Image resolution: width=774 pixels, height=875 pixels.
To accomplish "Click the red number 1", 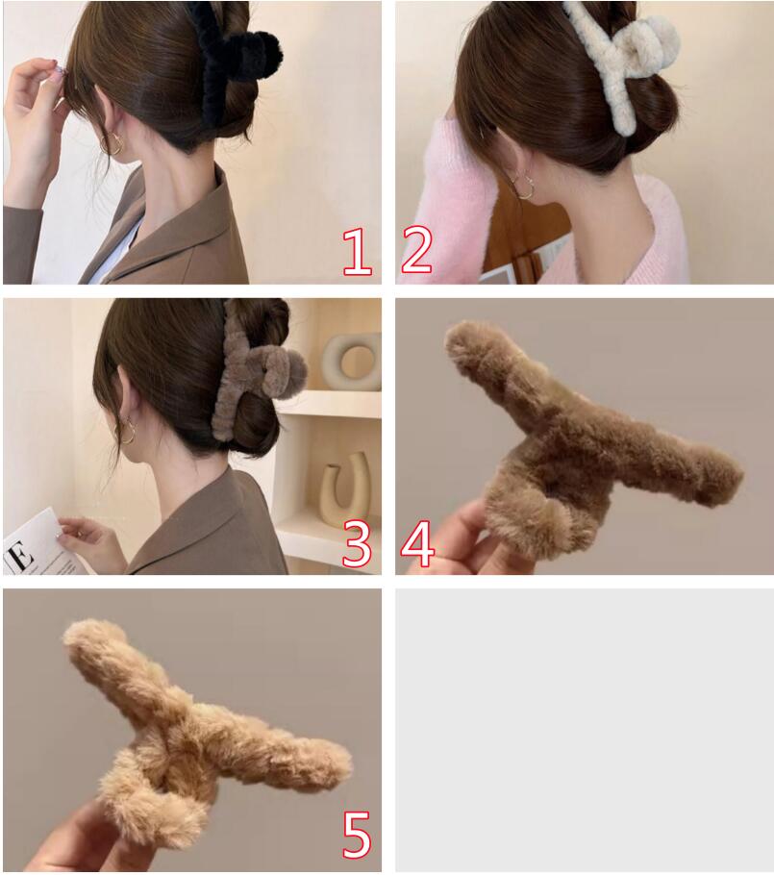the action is tap(357, 252).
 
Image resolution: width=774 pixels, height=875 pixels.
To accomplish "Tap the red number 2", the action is tap(417, 250).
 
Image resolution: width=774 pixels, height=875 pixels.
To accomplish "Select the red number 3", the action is tap(357, 544).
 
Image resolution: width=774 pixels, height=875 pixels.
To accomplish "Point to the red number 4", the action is tap(418, 543).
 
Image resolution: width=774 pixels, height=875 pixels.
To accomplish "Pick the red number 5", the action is tap(357, 835).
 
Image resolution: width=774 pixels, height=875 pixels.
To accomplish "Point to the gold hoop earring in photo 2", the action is tap(522, 186).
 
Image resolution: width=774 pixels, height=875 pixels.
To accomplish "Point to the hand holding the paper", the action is tap(89, 541).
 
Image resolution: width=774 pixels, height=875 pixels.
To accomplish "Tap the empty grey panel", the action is tap(585, 730).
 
